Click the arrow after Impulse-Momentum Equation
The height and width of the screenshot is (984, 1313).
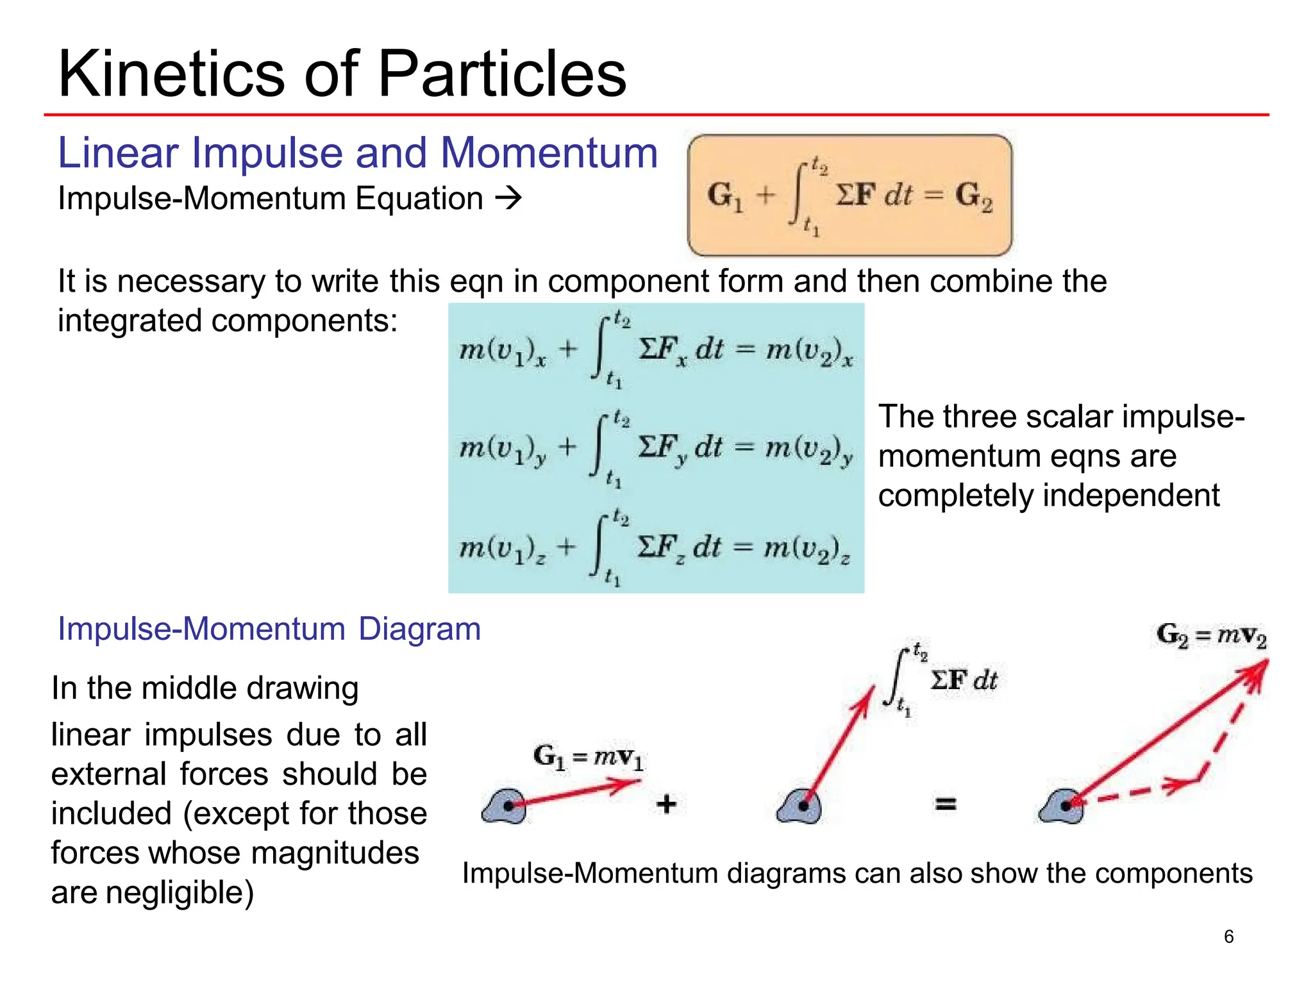coord(509,198)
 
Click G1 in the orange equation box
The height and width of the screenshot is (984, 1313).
coord(725,196)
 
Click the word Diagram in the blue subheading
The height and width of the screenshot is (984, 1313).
coord(419,629)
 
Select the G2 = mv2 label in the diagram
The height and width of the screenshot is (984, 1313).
coord(1212,635)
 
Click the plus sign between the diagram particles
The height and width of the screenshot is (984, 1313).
coord(667,803)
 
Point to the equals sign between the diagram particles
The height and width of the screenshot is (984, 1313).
coord(946,803)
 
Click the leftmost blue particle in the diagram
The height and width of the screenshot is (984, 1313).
coord(505,806)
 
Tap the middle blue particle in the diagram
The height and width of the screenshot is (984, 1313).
coord(799,806)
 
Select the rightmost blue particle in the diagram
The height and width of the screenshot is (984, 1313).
coord(1062,806)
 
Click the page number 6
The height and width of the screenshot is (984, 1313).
coord(1228,937)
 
